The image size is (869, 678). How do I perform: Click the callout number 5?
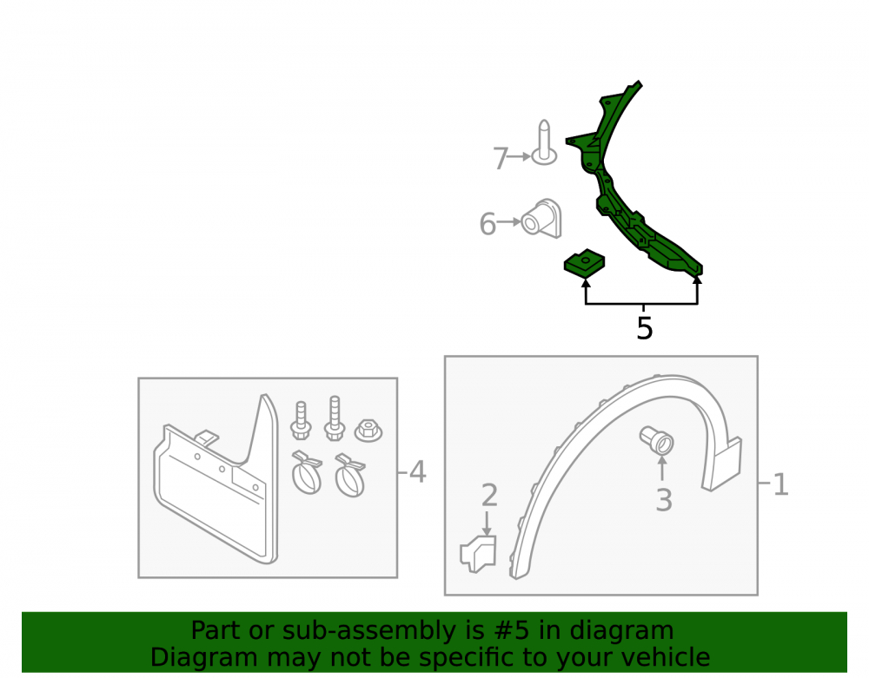(x=645, y=329)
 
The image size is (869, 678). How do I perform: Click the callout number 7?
(x=501, y=158)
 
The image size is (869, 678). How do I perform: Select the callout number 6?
(x=488, y=224)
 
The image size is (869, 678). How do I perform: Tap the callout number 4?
(x=417, y=472)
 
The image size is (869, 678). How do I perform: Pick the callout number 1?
(x=780, y=484)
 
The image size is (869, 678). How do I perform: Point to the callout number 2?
(x=489, y=496)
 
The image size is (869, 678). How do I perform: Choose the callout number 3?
(x=664, y=500)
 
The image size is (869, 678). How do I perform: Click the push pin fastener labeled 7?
(x=544, y=143)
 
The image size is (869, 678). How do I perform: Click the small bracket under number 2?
(x=478, y=554)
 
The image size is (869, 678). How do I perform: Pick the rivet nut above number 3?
(x=657, y=440)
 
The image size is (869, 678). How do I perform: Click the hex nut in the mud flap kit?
(x=368, y=430)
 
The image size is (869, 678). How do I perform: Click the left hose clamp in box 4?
(x=307, y=472)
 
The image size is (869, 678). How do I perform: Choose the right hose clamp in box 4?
(x=350, y=476)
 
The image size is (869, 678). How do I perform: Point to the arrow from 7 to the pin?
(x=519, y=157)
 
